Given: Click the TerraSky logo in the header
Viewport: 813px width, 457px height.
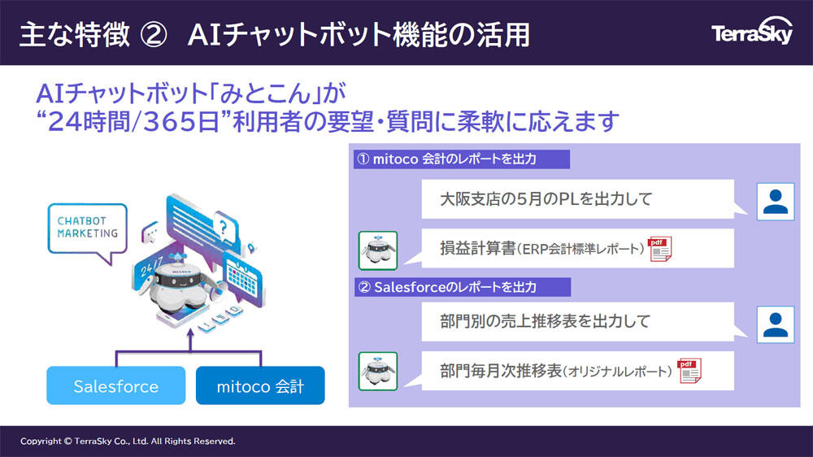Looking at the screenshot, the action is tap(752, 33).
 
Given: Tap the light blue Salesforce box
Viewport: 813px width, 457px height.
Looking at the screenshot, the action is tap(116, 385).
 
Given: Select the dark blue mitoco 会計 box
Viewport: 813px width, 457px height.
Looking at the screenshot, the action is tap(260, 385).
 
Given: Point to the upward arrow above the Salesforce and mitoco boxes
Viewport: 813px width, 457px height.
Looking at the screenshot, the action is tap(190, 340).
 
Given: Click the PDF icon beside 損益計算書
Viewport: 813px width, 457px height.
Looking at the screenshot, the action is tap(659, 249).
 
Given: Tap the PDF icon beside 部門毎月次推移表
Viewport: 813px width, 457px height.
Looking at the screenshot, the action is tap(689, 371).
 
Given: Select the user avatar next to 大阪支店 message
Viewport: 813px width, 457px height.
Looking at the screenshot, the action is tap(776, 202).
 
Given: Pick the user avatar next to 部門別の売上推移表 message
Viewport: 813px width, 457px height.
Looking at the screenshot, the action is tap(776, 324).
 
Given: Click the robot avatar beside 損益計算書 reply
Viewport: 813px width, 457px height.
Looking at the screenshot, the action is tap(378, 250).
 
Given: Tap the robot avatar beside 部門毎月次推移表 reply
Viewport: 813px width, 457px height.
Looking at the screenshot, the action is tap(378, 372).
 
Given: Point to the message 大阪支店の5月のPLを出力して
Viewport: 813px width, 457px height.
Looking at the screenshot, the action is tap(546, 198).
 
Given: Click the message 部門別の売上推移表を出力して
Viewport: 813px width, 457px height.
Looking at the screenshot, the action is tap(545, 321).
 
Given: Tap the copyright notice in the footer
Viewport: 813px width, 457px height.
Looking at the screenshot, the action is tap(128, 441).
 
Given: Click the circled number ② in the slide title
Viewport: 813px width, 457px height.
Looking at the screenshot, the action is tap(154, 35).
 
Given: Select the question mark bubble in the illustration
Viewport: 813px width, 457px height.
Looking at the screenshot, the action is tap(224, 227).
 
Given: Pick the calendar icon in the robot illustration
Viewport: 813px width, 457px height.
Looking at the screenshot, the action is tap(244, 280).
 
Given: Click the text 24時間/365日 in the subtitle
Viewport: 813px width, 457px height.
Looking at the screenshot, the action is tap(134, 122).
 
